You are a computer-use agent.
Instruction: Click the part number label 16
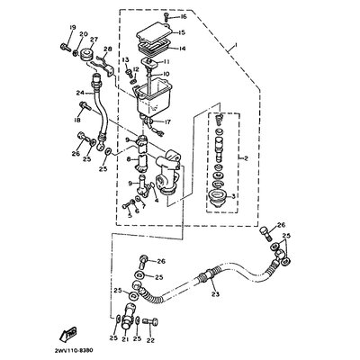coord(183,17)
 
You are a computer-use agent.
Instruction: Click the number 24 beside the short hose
coord(80,93)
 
